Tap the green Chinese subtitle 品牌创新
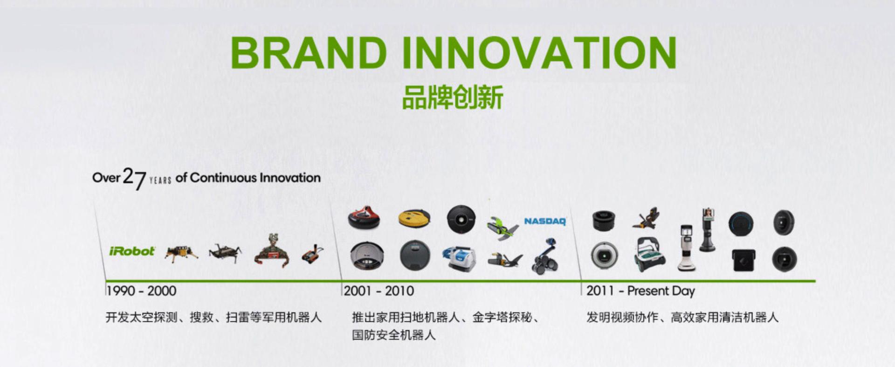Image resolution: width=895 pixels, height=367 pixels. tap(452, 97)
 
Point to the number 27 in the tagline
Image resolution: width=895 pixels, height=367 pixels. tap(134, 179)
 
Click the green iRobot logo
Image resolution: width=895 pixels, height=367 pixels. tap(132, 251)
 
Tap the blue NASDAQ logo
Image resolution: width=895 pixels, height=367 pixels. tap(545, 221)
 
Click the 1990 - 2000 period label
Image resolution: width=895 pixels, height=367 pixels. tap(141, 291)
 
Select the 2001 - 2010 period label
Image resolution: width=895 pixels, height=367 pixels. tap(379, 291)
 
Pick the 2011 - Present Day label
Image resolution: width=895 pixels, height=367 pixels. tap(640, 291)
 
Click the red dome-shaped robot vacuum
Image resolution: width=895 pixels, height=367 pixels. tap(364, 217)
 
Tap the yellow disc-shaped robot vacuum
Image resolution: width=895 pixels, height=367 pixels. tap(414, 218)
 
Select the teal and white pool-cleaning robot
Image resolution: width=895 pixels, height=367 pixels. tap(650, 255)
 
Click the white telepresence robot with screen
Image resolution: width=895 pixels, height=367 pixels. tap(687, 248)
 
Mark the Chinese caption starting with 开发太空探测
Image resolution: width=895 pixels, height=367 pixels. tap(213, 318)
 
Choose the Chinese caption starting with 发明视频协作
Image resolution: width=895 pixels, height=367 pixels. tap(682, 318)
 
